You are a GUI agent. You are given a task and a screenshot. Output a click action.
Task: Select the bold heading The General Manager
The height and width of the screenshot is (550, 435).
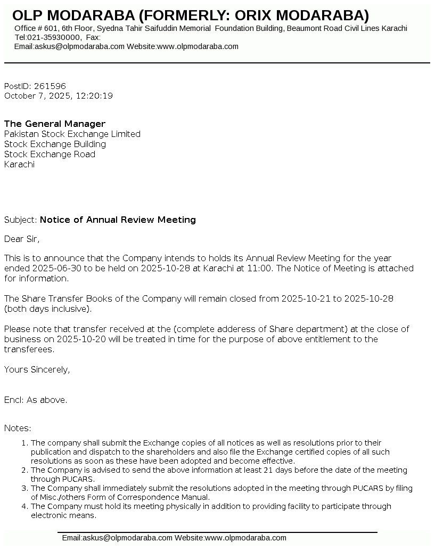[55, 124]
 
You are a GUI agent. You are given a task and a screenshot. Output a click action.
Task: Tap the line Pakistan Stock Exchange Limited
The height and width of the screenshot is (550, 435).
[72, 134]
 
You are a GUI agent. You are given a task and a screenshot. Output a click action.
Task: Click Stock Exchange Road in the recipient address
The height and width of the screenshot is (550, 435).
[50, 154]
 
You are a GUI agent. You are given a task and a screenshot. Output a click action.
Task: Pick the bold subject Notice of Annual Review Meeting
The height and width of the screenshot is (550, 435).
[118, 220]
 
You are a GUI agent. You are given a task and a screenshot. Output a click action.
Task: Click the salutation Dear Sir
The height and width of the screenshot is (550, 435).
[22, 239]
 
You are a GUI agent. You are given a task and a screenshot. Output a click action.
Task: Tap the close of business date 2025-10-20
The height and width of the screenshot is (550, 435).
[78, 339]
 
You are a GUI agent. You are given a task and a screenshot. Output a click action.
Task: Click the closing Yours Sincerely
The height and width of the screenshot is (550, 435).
[37, 369]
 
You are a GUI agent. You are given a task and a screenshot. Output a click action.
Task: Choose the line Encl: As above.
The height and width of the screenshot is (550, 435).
[36, 400]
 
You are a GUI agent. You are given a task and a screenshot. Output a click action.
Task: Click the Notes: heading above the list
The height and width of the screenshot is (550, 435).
[18, 428]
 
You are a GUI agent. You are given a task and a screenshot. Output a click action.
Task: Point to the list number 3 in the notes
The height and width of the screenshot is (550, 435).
[24, 488]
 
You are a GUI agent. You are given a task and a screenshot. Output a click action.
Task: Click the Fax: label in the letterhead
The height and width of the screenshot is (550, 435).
[93, 37]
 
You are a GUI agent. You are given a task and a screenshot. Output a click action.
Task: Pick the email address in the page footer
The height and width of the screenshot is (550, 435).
[117, 538]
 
